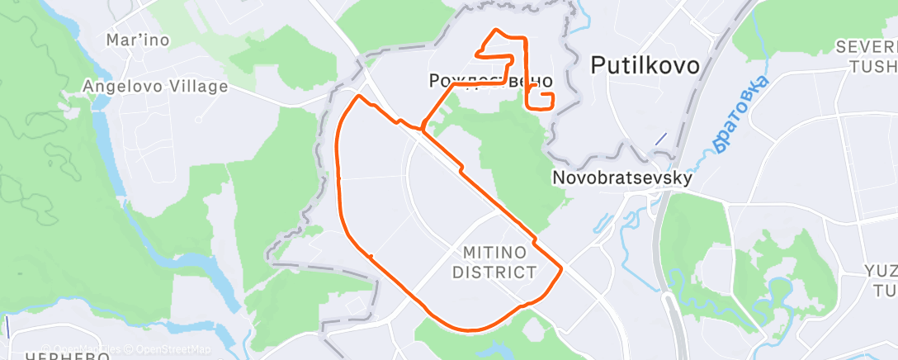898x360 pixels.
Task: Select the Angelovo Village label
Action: click(x=154, y=85)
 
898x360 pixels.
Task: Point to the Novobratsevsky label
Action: click(x=622, y=178)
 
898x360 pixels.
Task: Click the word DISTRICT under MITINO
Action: click(x=494, y=272)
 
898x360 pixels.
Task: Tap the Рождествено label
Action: click(x=491, y=82)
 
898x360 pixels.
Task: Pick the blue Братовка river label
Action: click(x=740, y=114)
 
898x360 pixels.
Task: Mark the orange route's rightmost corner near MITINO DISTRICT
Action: click(x=562, y=268)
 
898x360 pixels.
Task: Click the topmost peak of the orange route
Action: click(x=494, y=31)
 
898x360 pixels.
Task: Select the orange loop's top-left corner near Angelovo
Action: click(x=357, y=97)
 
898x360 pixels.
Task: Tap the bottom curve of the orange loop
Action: click(x=470, y=329)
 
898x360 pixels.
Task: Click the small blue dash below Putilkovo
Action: click(x=660, y=139)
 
